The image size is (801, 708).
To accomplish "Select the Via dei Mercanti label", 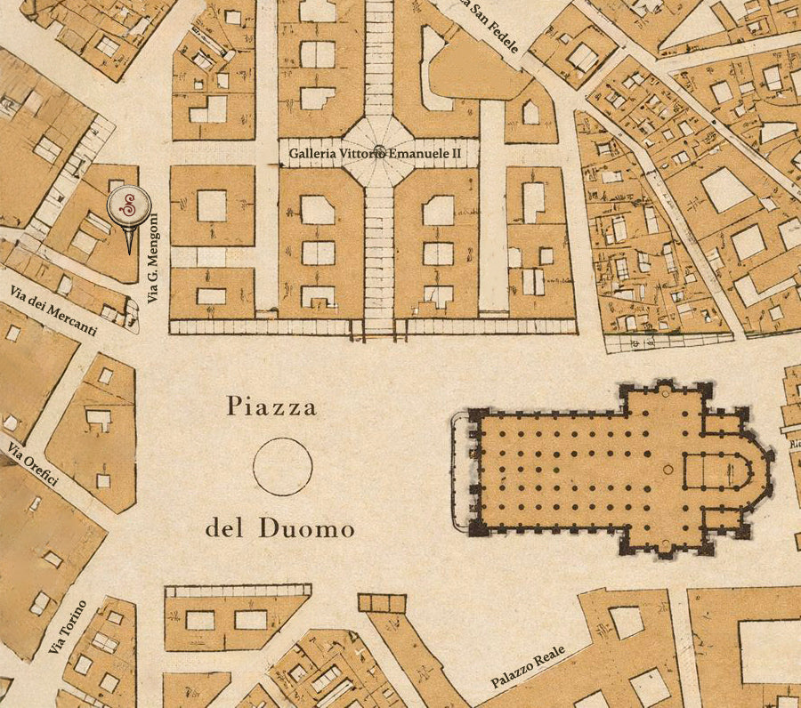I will coord(53,311).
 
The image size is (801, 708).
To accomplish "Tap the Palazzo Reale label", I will coord(528,667).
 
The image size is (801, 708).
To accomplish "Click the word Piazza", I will coord(271,408).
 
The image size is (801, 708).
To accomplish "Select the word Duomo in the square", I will coord(307,530).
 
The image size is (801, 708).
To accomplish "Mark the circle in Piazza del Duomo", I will coord(282,466).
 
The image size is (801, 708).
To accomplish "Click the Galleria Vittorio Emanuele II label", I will coord(375,154).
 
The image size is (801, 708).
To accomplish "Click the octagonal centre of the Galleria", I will coord(379,151).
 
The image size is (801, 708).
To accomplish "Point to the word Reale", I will coord(547,656).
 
